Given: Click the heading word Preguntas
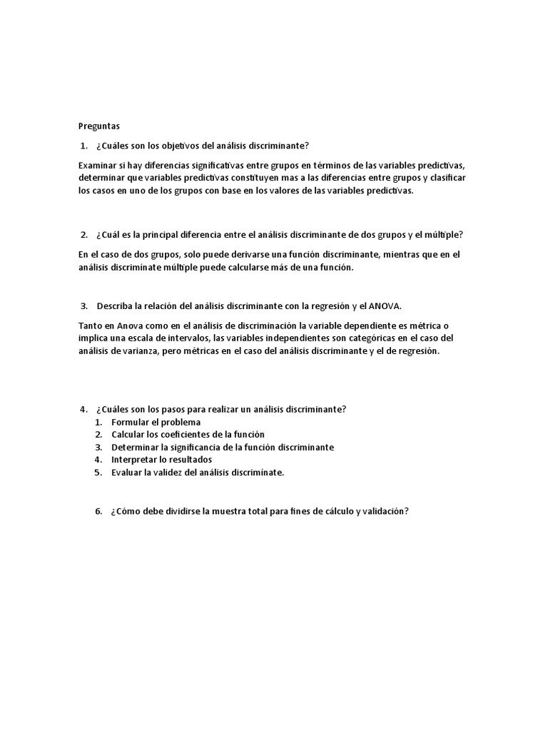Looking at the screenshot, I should click(x=99, y=126).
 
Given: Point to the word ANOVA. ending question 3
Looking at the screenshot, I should click(x=386, y=306).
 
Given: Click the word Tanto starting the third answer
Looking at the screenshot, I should click(x=91, y=326).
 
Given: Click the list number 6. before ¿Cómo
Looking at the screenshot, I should click(x=98, y=511).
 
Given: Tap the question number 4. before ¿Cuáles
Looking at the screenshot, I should click(x=84, y=409).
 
